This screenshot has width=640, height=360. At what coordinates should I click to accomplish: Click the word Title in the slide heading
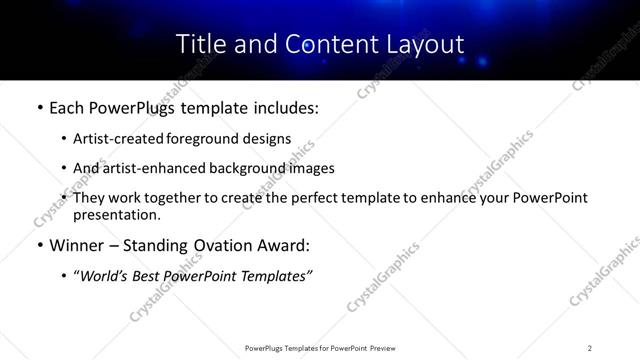(200, 44)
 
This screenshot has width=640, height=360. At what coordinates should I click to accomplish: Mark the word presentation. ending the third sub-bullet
(116, 214)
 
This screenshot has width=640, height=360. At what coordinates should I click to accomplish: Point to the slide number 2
(590, 347)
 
